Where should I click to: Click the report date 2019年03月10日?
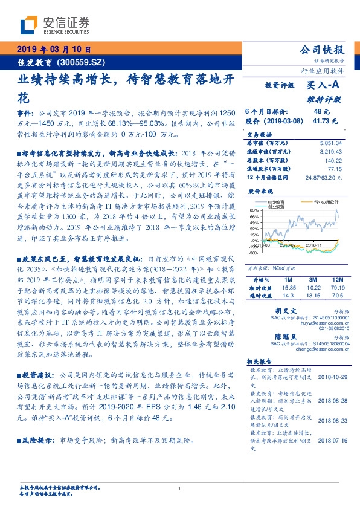point(53,49)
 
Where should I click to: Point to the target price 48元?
point(321,112)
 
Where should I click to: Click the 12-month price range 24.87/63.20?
point(324,177)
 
